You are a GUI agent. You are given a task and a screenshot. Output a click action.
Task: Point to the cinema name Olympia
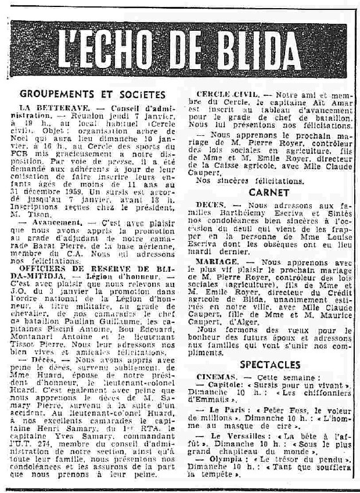click(x=230, y=458)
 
